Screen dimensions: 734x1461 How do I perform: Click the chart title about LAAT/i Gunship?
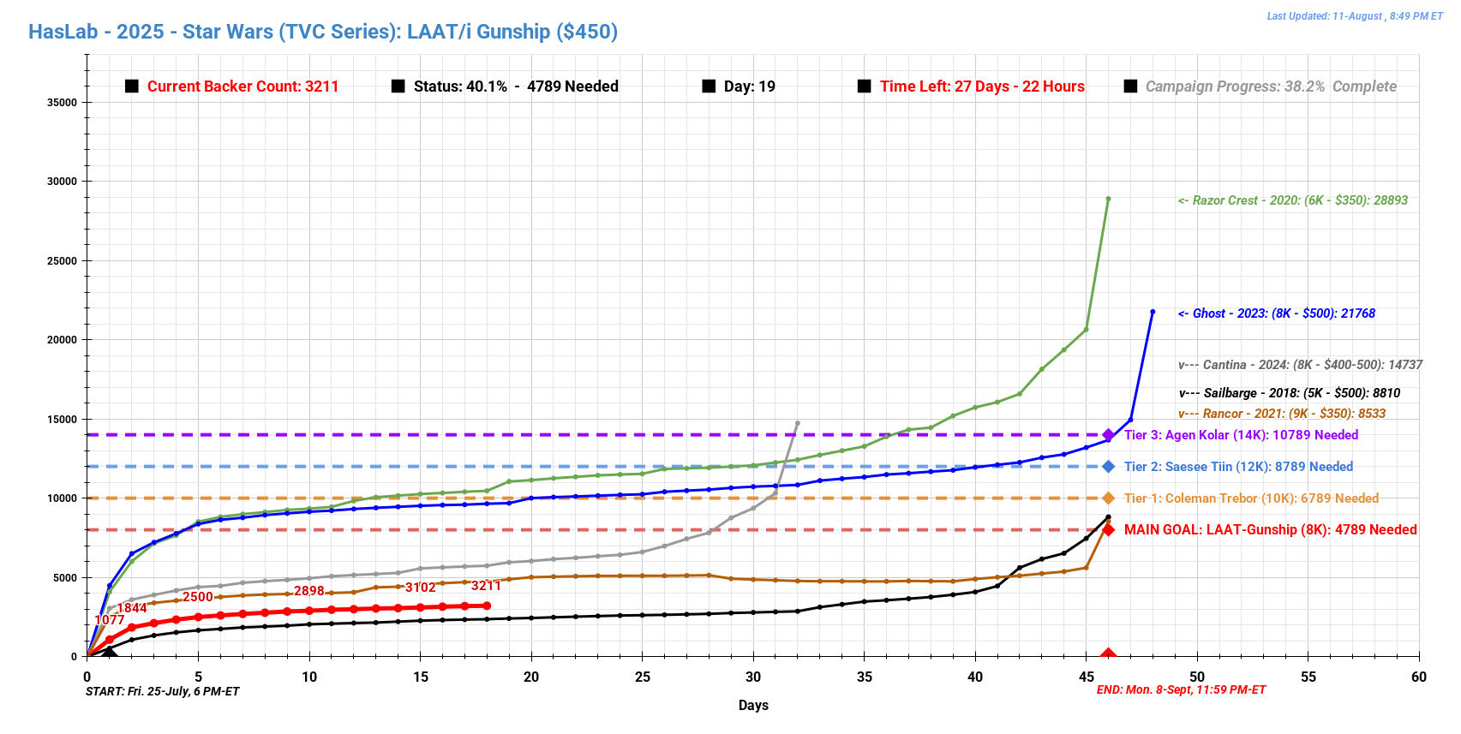tap(323, 32)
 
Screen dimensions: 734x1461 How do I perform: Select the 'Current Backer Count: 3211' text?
tap(243, 87)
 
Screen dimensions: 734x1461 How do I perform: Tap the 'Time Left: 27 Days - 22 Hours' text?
tap(981, 87)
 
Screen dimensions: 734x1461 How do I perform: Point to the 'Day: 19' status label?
tap(749, 87)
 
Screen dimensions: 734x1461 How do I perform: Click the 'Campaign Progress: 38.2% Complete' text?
tap(1270, 87)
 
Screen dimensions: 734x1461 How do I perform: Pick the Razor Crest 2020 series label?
tap(1292, 200)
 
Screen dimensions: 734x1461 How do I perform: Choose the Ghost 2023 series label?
tap(1276, 313)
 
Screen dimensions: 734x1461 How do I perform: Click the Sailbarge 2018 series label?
tap(1290, 393)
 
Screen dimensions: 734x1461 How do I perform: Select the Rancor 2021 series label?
tap(1282, 414)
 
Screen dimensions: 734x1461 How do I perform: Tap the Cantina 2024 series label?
tap(1300, 365)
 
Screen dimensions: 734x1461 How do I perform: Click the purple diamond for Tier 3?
tap(1108, 435)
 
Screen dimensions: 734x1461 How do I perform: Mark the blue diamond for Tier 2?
tap(1108, 467)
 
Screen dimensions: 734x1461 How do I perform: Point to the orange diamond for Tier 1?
tap(1108, 498)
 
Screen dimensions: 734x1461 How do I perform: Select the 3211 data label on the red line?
tap(486, 586)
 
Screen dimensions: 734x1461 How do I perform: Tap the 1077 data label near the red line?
tap(110, 620)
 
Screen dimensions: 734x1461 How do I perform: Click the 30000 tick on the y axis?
tap(62, 182)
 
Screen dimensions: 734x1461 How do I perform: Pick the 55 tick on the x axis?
tap(1308, 677)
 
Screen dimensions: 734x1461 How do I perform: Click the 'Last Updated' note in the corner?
tap(1354, 16)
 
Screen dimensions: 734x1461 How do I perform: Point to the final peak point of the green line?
tap(1108, 199)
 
